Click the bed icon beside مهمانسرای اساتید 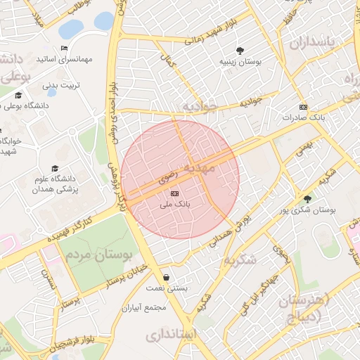pos(64,49)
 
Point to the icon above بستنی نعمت pos(166,277)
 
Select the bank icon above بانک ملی pos(175,193)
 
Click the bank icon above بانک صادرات pos(303,106)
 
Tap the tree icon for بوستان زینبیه pos(240,51)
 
